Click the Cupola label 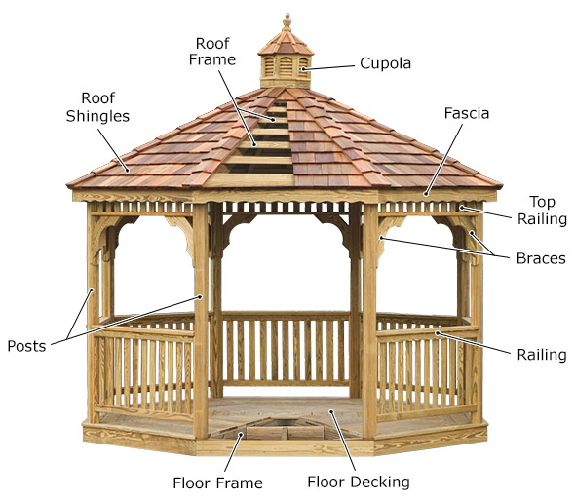385,63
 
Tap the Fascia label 467,113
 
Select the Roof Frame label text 212,52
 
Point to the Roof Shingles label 97,107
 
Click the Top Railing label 542,211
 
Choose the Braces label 541,258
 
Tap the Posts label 26,346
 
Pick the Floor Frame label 218,483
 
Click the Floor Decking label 359,482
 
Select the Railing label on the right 542,355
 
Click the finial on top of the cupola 287,22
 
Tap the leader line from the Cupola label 328,67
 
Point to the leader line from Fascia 443,159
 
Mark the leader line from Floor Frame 233,452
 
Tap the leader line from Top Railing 486,212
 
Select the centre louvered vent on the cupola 286,66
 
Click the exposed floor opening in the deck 286,427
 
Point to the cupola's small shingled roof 286,43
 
